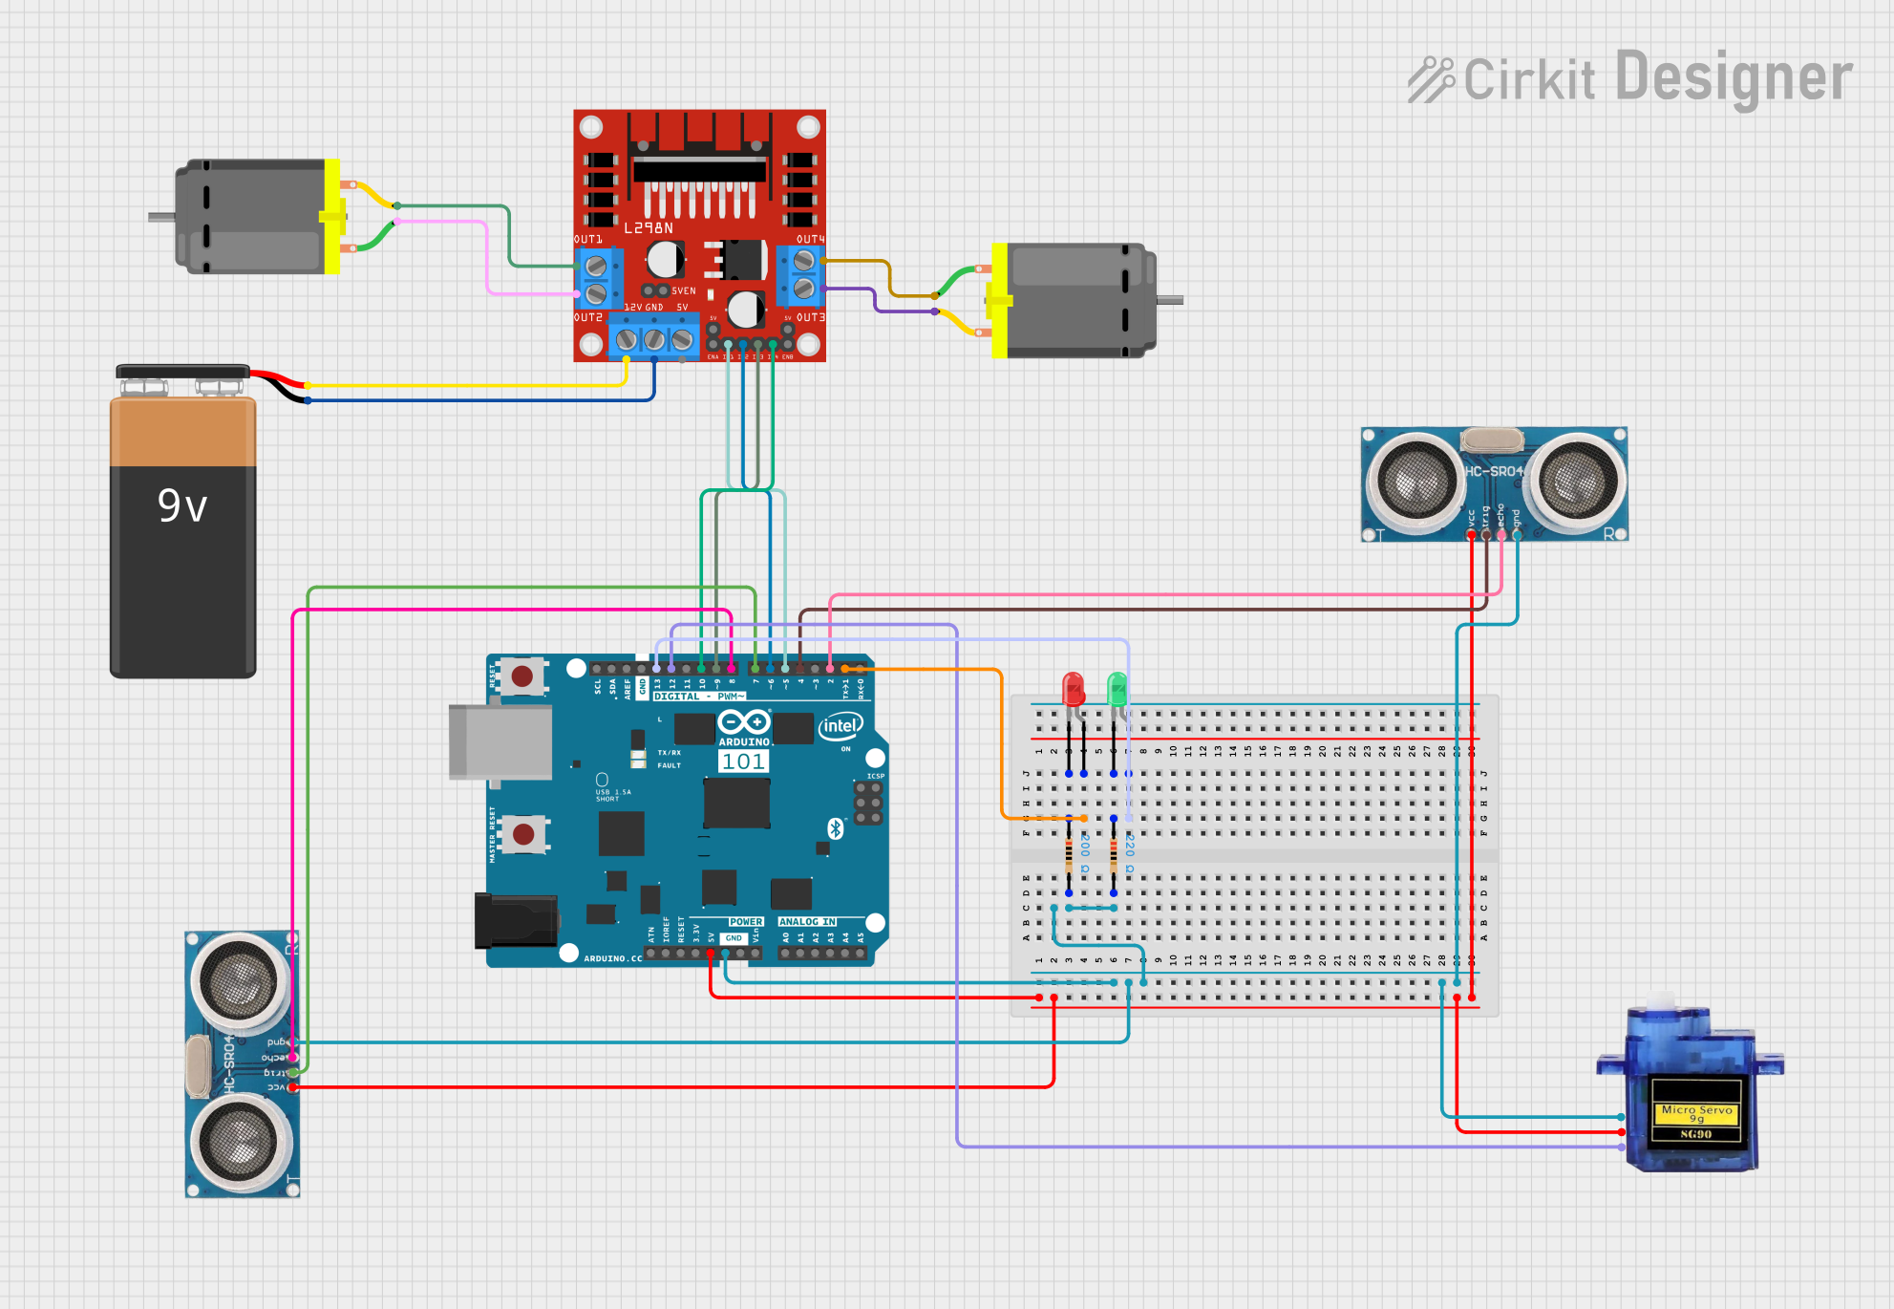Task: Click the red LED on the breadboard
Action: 1073,689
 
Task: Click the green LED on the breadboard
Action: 1117,689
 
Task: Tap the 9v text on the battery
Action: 182,505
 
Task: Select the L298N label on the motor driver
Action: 649,228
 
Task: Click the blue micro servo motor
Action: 1691,1089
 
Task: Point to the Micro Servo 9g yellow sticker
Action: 1696,1114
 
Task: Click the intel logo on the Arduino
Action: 840,726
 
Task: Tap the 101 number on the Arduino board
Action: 743,762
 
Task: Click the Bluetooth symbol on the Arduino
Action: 836,828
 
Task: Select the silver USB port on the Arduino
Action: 500,741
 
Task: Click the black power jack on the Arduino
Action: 516,920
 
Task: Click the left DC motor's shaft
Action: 160,217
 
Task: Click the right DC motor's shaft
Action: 1170,300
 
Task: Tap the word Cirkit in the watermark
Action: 1528,79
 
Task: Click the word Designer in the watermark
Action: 1734,77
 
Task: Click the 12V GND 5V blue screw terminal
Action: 654,339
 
